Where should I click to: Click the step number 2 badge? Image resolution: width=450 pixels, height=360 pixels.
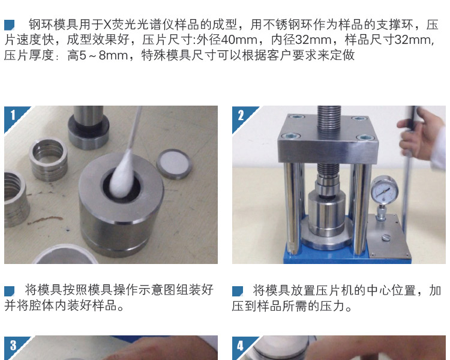click(x=241, y=115)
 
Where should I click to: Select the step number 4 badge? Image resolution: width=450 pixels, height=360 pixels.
click(x=241, y=345)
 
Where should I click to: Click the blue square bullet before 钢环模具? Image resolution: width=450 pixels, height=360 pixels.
click(x=9, y=25)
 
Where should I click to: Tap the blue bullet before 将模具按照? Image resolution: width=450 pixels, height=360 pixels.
click(x=9, y=291)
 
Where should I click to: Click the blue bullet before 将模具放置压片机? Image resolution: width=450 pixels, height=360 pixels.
click(x=238, y=291)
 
